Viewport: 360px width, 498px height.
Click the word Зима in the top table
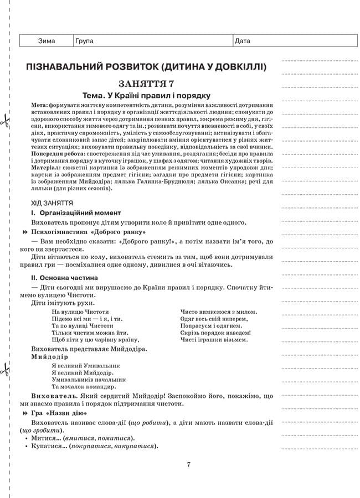[47, 41]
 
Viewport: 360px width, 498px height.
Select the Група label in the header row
[84, 41]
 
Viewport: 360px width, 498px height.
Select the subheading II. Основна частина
[65, 277]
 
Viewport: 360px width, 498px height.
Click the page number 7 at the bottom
[188, 464]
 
